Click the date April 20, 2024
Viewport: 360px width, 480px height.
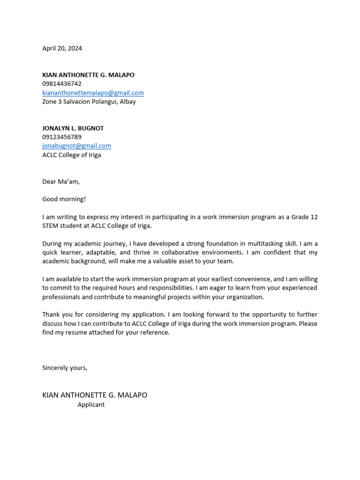62,48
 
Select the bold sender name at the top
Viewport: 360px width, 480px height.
88,75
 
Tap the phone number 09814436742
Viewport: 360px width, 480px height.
62,84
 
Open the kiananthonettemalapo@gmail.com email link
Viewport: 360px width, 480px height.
93,93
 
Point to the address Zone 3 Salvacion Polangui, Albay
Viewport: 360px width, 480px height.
89,102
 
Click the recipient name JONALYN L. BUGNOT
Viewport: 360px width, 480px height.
73,128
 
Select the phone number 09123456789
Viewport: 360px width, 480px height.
62,137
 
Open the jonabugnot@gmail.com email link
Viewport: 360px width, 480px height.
77,146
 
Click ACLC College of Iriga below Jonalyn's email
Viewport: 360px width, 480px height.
72,155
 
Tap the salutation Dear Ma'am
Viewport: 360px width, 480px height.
61,182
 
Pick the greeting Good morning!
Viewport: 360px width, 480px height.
64,199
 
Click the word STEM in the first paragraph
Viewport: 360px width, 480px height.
51,226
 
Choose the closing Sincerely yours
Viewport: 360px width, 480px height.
65,368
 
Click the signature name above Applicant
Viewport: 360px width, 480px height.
95,395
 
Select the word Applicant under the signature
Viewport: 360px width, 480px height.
91,405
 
